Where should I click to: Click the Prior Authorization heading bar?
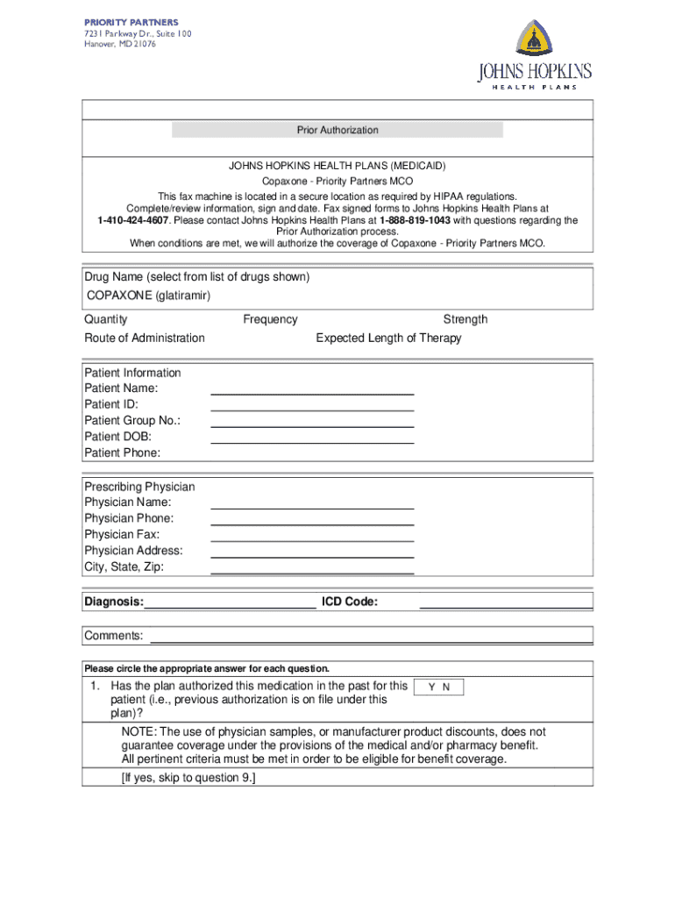337,130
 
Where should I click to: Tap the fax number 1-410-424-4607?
132,221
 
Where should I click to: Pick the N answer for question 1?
446,688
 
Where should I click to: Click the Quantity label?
106,319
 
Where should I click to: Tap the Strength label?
465,319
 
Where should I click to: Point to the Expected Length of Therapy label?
388,338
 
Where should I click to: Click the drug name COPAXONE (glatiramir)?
148,296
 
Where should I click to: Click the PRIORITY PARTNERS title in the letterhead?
131,22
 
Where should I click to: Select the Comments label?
113,635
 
